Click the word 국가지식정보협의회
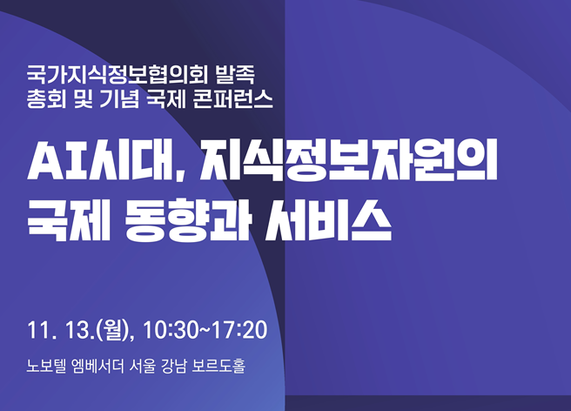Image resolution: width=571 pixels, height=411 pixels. click(x=118, y=75)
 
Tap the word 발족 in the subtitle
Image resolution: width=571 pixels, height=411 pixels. click(x=234, y=75)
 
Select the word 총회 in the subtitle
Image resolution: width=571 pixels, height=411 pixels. click(x=46, y=98)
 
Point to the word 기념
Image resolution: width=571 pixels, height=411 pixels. click(x=118, y=98)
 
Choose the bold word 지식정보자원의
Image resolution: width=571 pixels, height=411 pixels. click(x=348, y=161)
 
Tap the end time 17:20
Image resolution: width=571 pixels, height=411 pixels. click(x=239, y=330)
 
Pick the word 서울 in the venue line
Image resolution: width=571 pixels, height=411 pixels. click(x=143, y=366)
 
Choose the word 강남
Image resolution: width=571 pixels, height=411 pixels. click(x=174, y=366)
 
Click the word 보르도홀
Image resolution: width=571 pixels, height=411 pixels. click(x=218, y=366)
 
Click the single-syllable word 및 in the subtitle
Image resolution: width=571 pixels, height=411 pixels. click(x=83, y=98)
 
